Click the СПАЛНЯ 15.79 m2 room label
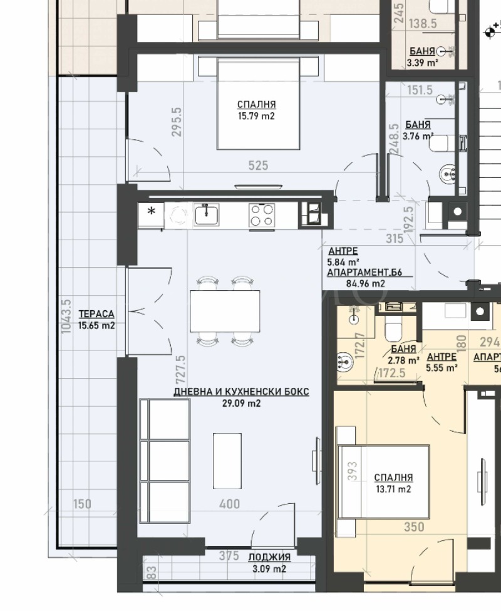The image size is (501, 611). point(257,110)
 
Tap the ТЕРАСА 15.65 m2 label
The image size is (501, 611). point(96,320)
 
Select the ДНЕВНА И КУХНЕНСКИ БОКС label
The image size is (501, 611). point(241,397)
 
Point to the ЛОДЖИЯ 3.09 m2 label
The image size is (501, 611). point(269,563)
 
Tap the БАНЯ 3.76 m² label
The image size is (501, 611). point(419,130)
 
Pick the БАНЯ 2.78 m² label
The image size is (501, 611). point(403,355)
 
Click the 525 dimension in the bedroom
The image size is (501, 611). point(258,165)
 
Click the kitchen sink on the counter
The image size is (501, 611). point(206,215)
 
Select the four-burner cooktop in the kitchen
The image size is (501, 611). point(261,215)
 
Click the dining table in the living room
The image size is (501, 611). point(225,311)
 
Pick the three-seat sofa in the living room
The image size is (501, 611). point(164,461)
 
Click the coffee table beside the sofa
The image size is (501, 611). point(227,460)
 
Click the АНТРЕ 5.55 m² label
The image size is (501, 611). point(442,362)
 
